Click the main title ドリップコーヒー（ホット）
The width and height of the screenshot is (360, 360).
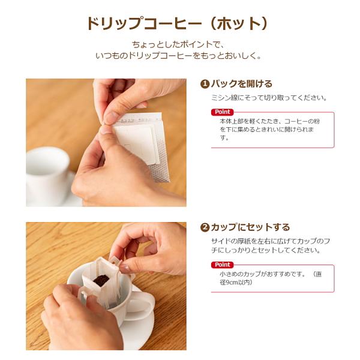pyautogui.click(x=177, y=23)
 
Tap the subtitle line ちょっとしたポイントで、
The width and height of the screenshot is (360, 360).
pyautogui.click(x=178, y=44)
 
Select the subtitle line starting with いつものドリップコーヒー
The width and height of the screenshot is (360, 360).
pyautogui.click(x=178, y=56)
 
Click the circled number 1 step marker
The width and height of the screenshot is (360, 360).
pyautogui.click(x=205, y=84)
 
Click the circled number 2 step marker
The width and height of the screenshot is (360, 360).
pyautogui.click(x=205, y=227)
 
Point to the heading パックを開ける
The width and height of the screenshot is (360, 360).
pyautogui.click(x=242, y=84)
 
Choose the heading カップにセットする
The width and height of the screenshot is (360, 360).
pyautogui.click(x=250, y=227)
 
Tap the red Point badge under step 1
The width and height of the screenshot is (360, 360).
pyautogui.click(x=222, y=112)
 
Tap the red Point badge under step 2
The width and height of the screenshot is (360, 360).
pyautogui.click(x=222, y=265)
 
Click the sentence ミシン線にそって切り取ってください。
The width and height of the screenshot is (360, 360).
pyautogui.click(x=269, y=98)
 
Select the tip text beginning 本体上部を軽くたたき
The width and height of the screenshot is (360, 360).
pyautogui.click(x=270, y=130)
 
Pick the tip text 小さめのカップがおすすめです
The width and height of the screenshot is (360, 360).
pyautogui.click(x=262, y=274)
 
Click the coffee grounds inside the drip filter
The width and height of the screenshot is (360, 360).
pyautogui.click(x=101, y=280)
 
